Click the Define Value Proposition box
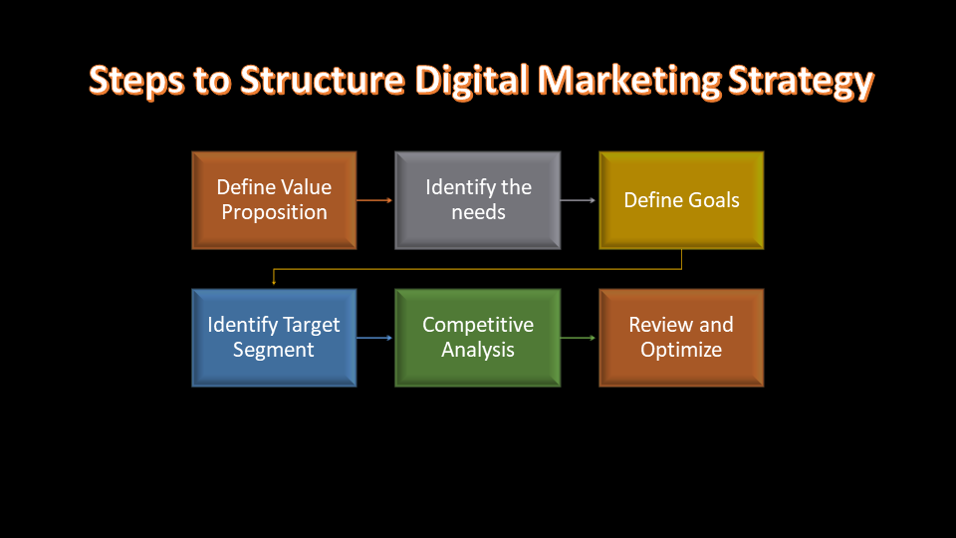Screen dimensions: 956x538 [275, 200]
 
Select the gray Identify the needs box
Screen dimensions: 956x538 [478, 200]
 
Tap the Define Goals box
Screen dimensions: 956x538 [681, 200]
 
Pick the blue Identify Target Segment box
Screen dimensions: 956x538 [275, 338]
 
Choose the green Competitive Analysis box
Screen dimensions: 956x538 [478, 338]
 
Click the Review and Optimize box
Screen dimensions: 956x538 [681, 338]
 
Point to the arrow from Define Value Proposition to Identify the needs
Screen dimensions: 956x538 [374, 200]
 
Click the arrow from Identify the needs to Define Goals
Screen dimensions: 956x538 [578, 200]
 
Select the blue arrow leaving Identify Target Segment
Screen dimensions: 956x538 [374, 338]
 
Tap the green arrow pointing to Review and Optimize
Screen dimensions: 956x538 [578, 338]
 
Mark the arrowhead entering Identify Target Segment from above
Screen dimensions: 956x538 [274, 282]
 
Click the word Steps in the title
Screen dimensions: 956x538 [136, 81]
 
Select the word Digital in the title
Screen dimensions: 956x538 [471, 81]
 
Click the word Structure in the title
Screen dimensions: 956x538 [323, 80]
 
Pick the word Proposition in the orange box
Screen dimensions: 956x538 [275, 213]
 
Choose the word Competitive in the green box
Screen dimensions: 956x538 [478, 325]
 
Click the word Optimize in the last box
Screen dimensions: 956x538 [681, 350]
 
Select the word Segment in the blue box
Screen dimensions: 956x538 [274, 350]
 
